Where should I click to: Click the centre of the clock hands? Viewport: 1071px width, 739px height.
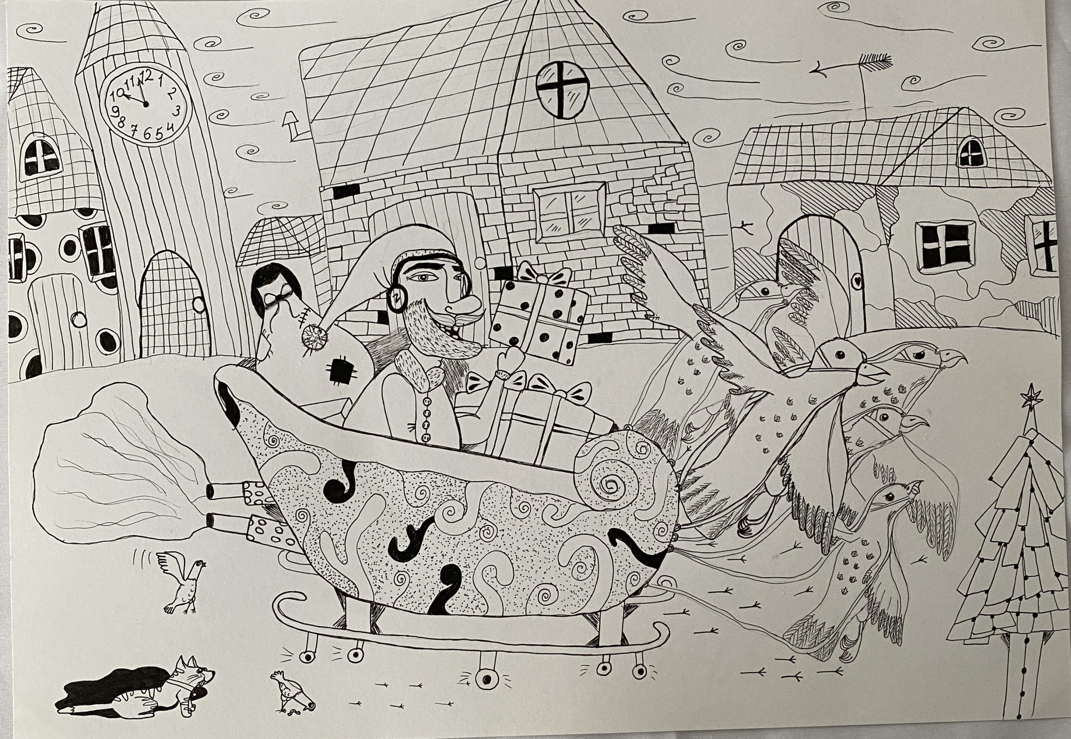point(145,104)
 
